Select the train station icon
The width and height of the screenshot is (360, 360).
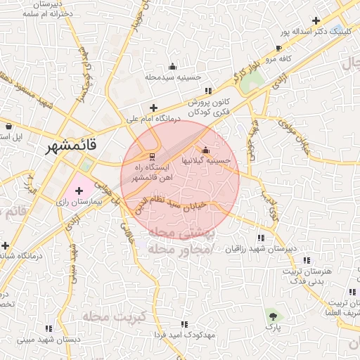[150, 155]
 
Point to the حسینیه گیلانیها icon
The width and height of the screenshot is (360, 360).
[205, 150]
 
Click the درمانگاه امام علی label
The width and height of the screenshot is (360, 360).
[153, 120]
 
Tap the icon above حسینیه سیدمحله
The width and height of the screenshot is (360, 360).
[173, 67]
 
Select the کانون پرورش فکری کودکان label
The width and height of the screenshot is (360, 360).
[210, 108]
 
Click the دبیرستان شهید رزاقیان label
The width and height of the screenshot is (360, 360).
[262, 250]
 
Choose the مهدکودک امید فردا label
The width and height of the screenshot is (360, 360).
[184, 335]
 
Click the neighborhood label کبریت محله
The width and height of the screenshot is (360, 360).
[114, 317]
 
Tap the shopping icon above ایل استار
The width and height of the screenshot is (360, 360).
[8, 126]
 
